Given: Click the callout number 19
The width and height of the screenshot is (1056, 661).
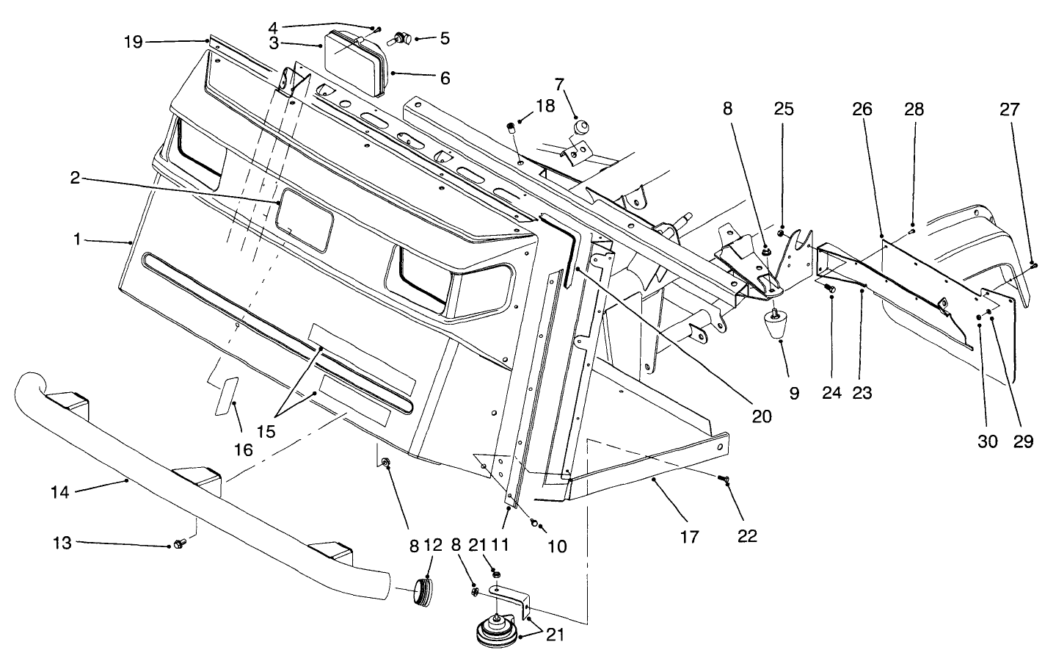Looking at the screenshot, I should pyautogui.click(x=133, y=42).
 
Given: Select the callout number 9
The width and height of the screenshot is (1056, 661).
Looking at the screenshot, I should pyautogui.click(x=794, y=392).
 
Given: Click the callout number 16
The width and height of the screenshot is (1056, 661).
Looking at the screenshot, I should pyautogui.click(x=243, y=449).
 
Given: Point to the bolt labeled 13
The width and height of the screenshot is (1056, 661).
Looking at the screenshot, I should pyautogui.click(x=178, y=544).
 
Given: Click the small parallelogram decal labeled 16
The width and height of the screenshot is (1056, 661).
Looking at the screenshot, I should pyautogui.click(x=226, y=397).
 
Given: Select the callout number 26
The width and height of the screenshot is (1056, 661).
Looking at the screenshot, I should pyautogui.click(x=862, y=109).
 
